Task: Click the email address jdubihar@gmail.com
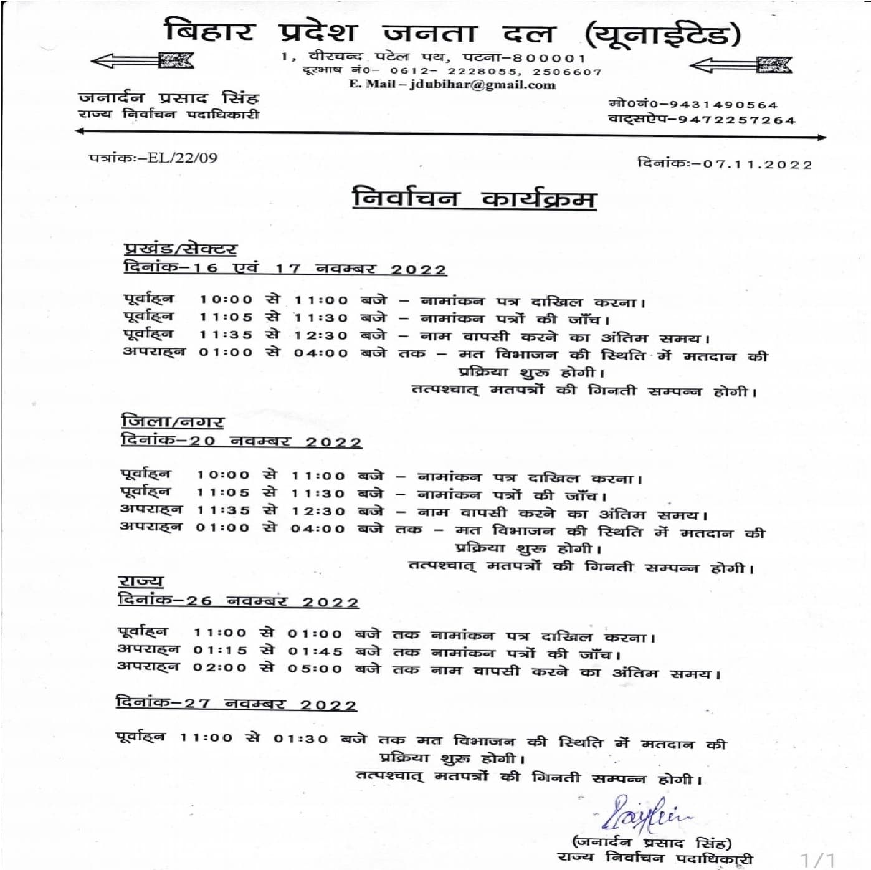point(482,85)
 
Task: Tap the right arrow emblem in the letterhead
point(741,64)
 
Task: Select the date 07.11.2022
point(757,165)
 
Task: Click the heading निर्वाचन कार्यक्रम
point(474,198)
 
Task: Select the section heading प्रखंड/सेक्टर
point(180,249)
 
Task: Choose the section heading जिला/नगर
point(173,422)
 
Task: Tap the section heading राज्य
point(141,581)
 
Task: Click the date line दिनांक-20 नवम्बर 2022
point(241,441)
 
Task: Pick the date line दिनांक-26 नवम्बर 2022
point(238,601)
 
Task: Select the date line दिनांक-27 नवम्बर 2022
point(236,704)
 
